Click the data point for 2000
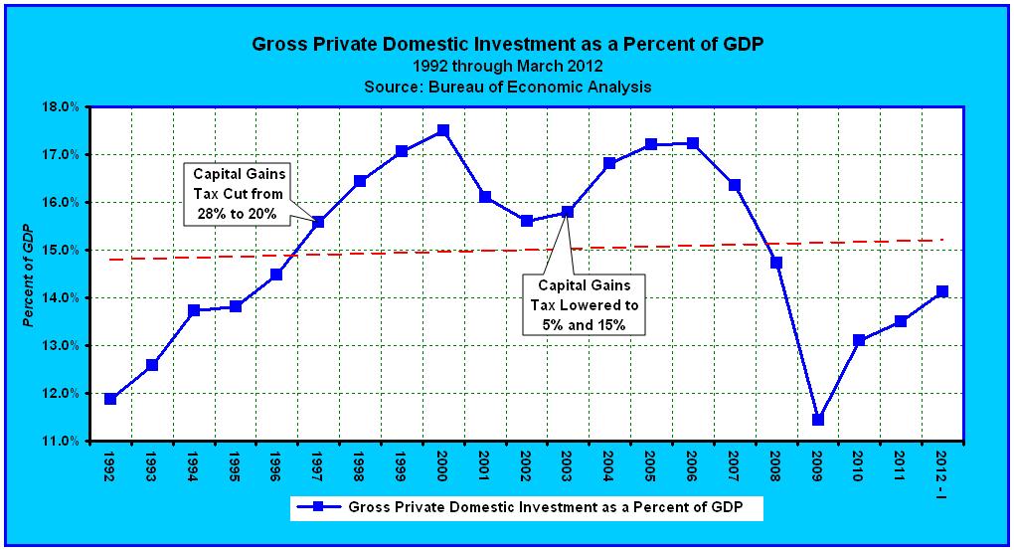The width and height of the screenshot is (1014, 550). (x=443, y=130)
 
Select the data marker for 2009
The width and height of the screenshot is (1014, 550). (x=818, y=420)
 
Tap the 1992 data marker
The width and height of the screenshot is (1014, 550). (x=110, y=399)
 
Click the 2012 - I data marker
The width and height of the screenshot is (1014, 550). (x=942, y=291)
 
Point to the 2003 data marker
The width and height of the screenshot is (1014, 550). (x=568, y=212)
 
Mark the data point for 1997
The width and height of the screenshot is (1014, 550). (x=318, y=222)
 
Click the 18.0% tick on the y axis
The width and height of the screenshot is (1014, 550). (x=62, y=106)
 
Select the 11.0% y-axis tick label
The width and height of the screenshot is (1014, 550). (x=62, y=441)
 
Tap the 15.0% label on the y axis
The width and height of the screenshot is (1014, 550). (x=62, y=250)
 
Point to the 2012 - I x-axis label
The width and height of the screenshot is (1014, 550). (x=942, y=467)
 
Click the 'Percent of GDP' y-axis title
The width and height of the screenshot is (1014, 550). (x=32, y=274)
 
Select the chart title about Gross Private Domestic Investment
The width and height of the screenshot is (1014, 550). (x=507, y=45)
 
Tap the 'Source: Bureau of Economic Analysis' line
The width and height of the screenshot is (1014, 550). (x=507, y=87)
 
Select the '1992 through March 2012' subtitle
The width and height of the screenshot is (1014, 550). (x=507, y=67)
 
